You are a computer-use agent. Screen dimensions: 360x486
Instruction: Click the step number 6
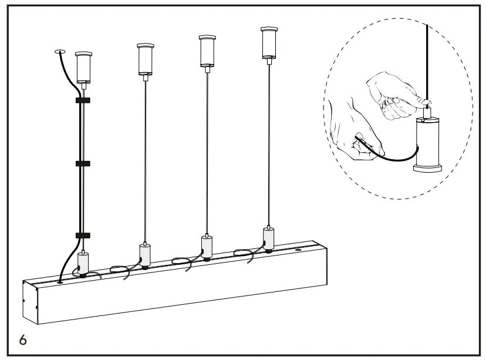pyautogui.click(x=22, y=340)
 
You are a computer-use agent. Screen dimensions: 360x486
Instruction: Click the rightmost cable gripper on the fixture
pyautogui.click(x=268, y=238)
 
